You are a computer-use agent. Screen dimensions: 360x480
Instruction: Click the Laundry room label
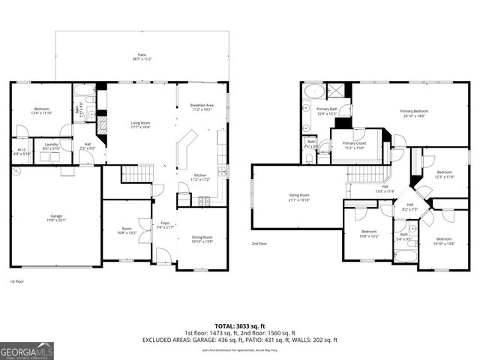pos(52,146)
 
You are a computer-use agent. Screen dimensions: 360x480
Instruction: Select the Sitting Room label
pos(299,197)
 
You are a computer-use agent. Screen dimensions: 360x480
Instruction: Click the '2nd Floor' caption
pos(259,243)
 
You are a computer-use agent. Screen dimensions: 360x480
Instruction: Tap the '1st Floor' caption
pos(16,280)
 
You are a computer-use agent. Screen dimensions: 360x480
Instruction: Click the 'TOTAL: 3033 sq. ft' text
pos(241,326)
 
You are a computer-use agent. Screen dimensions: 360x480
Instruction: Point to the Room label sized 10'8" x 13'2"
pos(125,231)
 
